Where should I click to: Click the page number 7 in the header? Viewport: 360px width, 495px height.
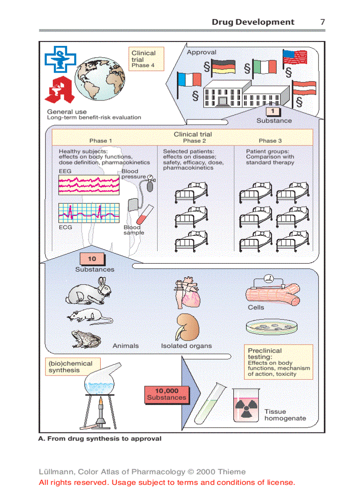pos(322,22)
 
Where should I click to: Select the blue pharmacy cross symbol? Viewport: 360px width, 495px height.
pos(60,60)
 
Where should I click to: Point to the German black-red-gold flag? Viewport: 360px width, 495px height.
pos(223,67)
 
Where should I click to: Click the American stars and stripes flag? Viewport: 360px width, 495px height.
pos(295,58)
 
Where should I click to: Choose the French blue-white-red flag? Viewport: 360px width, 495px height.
pos(189,80)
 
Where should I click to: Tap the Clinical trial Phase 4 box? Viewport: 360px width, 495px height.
pos(146,59)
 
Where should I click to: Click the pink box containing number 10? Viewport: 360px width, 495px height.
pos(92,259)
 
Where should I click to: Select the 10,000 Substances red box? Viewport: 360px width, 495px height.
pos(167,394)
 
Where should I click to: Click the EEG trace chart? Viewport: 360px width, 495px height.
pos(89,185)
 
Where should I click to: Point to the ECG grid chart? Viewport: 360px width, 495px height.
pos(89,213)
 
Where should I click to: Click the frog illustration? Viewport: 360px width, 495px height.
pos(86,339)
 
